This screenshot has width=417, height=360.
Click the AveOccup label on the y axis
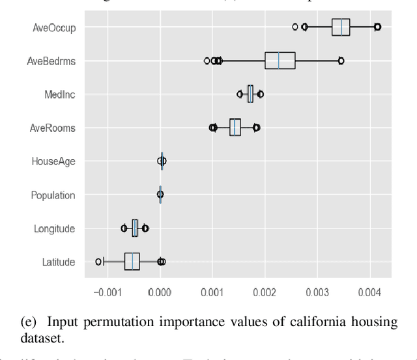tap(54, 27)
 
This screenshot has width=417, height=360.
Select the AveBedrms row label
tap(51, 61)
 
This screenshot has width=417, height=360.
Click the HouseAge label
tap(53, 161)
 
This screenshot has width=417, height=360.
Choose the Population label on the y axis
tap(53, 195)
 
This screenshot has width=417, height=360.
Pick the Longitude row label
tap(54, 228)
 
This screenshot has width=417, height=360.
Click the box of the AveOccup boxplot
tap(341, 27)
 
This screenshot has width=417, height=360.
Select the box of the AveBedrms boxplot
tap(280, 61)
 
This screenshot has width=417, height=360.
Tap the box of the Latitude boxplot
tap(132, 262)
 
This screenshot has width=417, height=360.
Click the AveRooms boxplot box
tap(235, 128)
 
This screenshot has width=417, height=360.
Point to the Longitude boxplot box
tap(135, 228)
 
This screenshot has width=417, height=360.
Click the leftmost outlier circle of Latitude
tap(98, 262)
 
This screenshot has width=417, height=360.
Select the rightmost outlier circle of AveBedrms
tap(341, 61)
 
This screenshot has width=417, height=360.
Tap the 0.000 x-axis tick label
tap(160, 292)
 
